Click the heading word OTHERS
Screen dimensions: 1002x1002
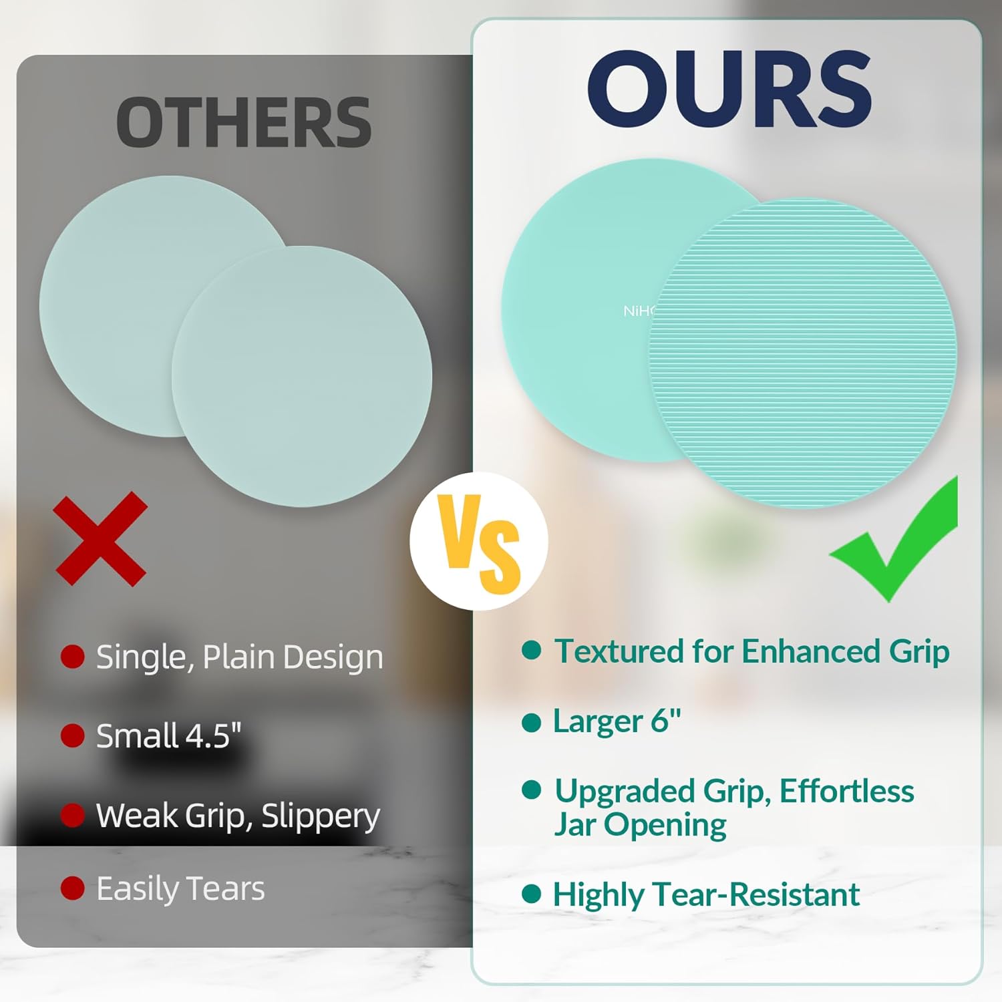pyautogui.click(x=244, y=123)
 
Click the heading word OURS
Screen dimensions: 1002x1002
pyautogui.click(x=729, y=89)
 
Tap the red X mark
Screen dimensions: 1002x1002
pyautogui.click(x=101, y=539)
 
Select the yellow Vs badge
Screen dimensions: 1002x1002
pyautogui.click(x=479, y=541)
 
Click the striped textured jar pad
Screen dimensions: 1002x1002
pyautogui.click(x=803, y=353)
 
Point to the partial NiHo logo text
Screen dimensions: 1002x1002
pyautogui.click(x=639, y=311)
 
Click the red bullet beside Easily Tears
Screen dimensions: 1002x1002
pyautogui.click(x=72, y=888)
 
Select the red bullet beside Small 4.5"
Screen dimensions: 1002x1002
pyautogui.click(x=72, y=735)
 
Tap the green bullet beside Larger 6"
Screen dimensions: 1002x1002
pyautogui.click(x=531, y=722)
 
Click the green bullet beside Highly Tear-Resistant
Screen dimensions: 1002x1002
pyautogui.click(x=531, y=894)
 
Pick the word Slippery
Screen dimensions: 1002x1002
pyautogui.click(x=321, y=817)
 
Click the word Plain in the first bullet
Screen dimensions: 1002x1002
pyautogui.click(x=238, y=657)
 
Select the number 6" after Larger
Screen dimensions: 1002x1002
pyautogui.click(x=666, y=720)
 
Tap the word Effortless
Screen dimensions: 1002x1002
pyautogui.click(x=846, y=792)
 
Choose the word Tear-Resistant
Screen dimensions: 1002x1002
pyautogui.click(x=756, y=894)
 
